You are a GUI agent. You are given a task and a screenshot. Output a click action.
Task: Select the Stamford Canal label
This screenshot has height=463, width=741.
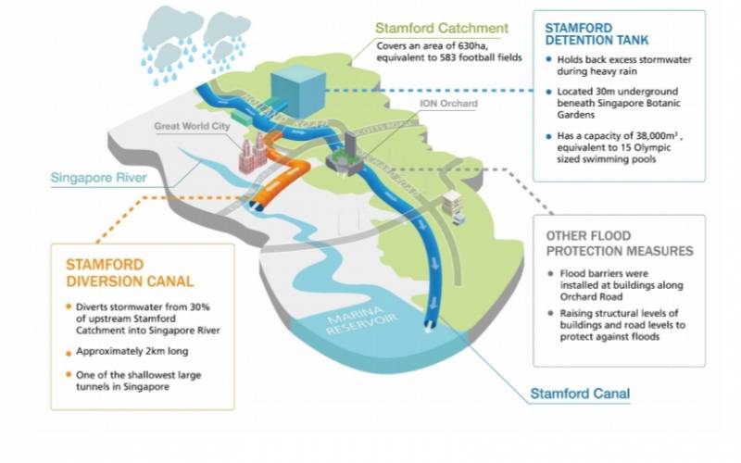click(x=579, y=394)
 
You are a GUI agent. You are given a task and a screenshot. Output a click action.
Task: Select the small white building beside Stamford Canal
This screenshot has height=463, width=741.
click(x=454, y=203)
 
